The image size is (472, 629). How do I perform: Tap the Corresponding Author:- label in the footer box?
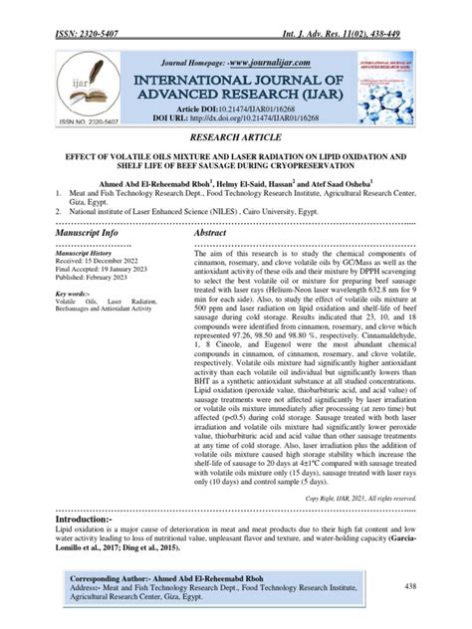coord(111,579)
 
